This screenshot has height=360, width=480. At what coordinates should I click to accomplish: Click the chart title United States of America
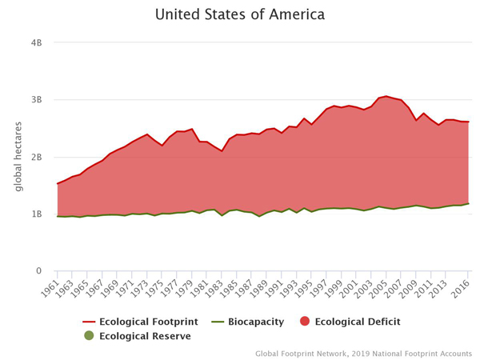(x=239, y=14)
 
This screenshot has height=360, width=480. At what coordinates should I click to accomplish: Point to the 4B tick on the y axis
(x=36, y=42)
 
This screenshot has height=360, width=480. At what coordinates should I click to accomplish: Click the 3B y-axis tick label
(x=36, y=100)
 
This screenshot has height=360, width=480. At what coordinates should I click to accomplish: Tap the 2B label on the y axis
(x=36, y=157)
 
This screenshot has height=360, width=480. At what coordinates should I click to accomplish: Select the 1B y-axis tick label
(x=36, y=214)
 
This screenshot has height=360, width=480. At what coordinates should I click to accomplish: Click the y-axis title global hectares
(x=17, y=158)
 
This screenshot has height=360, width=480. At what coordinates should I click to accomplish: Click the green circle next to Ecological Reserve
(x=89, y=336)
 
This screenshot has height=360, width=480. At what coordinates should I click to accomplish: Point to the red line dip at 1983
(x=222, y=151)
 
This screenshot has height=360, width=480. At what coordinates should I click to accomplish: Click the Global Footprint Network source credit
(x=363, y=352)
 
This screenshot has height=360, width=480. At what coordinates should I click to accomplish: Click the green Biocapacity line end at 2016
(x=469, y=203)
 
